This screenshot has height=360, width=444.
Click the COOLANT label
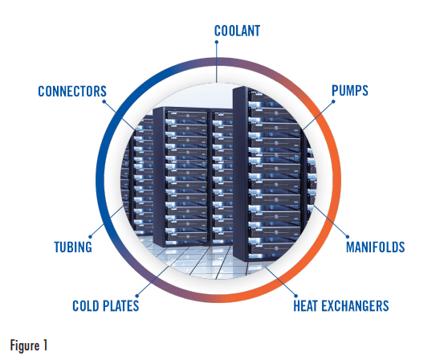pos(237,31)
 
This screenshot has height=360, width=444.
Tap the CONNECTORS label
pos(72,92)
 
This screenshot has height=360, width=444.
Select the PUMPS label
pos(350,91)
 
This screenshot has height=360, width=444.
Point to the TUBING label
pos(73,247)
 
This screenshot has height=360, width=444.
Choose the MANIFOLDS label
pos(376,247)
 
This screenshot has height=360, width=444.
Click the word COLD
pos(86,306)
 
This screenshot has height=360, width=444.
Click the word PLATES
pos(120,306)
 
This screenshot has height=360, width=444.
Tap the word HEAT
pos(306,306)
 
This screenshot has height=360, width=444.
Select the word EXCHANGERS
pos(355,306)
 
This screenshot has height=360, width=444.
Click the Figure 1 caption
pos(29,346)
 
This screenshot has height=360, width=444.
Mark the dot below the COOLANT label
pos(216,42)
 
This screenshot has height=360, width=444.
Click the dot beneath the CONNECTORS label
pos(104,101)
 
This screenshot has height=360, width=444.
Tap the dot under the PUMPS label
pos(333,101)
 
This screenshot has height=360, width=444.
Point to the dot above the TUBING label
pos(91,237)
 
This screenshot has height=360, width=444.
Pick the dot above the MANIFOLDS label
pos(348,237)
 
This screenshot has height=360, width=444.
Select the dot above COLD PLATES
pos(137,296)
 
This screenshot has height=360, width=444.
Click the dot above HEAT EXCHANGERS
pos(296,296)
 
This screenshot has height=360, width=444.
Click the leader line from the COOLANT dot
pos(216,63)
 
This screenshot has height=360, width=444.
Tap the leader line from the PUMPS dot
pos(317,116)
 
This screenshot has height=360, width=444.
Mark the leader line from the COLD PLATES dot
pos(153,280)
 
